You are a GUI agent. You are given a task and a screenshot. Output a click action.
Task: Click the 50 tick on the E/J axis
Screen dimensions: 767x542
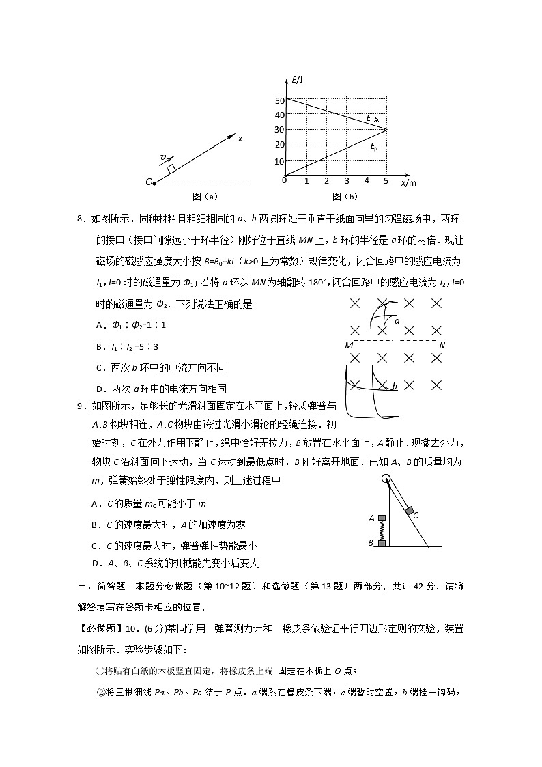279,100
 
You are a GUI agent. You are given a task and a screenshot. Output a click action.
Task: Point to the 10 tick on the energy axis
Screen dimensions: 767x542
279,162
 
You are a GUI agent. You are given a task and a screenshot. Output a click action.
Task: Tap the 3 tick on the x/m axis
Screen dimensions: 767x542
347,182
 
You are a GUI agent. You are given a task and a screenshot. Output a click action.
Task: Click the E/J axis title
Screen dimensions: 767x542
297,81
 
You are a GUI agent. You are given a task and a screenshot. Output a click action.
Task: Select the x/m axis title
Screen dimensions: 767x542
408,182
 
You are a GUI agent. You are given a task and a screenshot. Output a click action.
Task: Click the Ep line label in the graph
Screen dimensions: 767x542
373,146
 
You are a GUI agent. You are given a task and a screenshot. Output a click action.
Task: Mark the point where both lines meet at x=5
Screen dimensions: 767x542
387,129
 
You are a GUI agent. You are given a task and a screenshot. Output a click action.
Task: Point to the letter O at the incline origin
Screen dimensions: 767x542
148,182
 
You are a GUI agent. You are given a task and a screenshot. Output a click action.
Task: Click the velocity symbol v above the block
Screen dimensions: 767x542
162,158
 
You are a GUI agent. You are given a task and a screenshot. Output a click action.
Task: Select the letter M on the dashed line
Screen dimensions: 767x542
348,346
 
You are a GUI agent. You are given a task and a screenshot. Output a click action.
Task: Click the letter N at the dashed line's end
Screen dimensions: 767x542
442,346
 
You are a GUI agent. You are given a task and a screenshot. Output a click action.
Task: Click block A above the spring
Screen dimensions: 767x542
382,518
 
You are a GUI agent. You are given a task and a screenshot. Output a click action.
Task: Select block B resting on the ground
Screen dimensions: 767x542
382,543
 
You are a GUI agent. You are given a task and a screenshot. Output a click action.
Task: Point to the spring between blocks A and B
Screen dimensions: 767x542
382,531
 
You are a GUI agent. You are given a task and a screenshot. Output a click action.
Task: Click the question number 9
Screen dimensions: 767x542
82,406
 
